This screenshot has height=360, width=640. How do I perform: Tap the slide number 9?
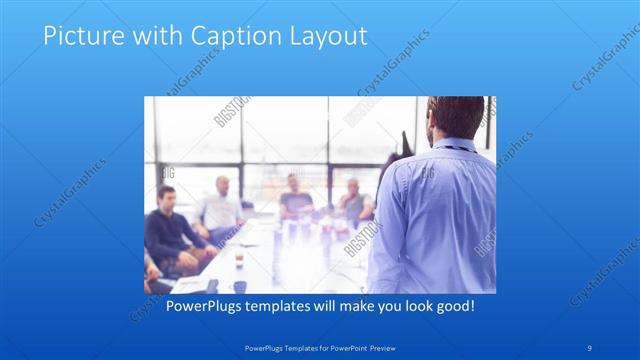tap(590, 348)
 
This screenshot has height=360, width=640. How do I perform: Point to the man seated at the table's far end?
tap(295, 195)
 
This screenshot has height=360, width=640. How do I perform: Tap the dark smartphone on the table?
tap(213, 286)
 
